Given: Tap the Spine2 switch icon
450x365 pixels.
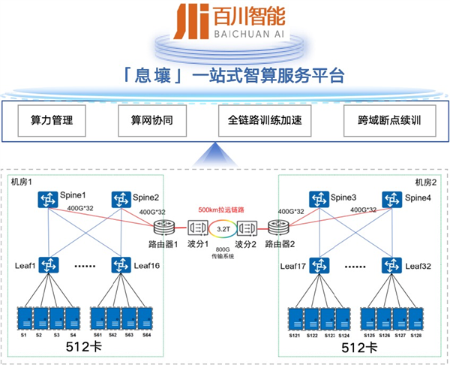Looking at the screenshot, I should coord(121,199).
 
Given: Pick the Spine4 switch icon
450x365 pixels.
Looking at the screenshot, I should coord(389,199).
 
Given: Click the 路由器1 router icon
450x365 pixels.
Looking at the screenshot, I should coord(165,227).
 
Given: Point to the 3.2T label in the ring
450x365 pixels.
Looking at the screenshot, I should coord(221,226).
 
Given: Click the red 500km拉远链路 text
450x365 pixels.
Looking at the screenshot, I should coord(222,210).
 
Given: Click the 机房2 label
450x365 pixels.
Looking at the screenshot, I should coord(424,182).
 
